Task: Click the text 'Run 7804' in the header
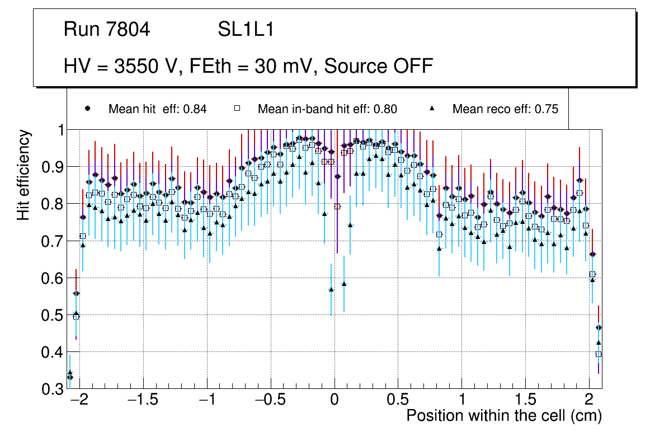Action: tap(107, 30)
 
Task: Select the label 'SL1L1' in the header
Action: tap(246, 30)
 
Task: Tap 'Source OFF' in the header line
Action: tap(379, 66)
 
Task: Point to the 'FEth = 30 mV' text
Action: tap(254, 66)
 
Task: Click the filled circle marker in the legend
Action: tap(87, 109)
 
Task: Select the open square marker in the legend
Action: tap(237, 109)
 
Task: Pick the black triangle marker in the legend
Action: tap(432, 109)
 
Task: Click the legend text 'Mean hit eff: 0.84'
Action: tap(157, 109)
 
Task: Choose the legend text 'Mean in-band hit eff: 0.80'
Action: tap(327, 109)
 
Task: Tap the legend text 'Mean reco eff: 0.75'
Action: tap(505, 109)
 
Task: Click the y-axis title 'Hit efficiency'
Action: tap(23, 175)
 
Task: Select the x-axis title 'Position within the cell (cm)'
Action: tap(504, 416)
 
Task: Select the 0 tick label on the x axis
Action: tap(334, 401)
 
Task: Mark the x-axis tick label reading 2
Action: tap(588, 401)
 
